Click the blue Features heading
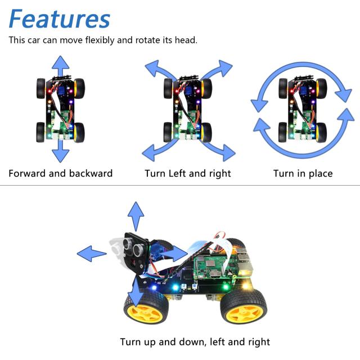59,19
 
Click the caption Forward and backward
61,173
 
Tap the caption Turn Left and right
188,173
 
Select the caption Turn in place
303,173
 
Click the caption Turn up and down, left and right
195,341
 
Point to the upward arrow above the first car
61,66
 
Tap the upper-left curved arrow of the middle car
159,73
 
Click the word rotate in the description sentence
148,40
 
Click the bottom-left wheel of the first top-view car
41,132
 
